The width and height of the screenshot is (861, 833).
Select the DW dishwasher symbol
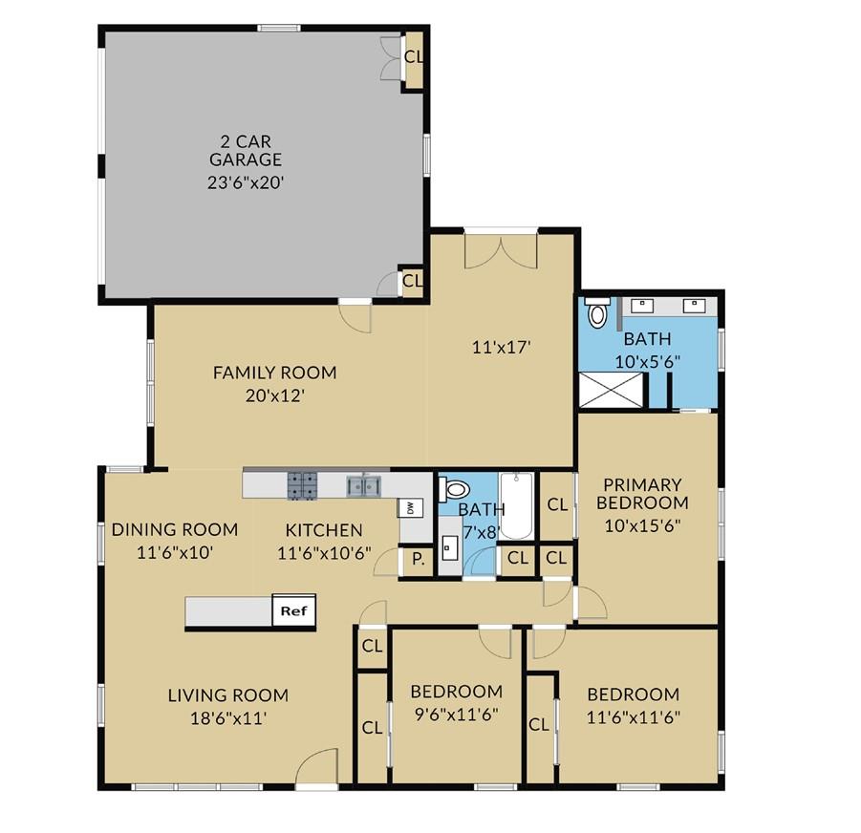tap(409, 507)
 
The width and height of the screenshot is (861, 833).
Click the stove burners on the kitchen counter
tap(303, 486)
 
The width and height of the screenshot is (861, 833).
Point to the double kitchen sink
tap(364, 486)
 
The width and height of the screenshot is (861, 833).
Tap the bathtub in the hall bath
tap(515, 506)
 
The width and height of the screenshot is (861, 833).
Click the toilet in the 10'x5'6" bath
tap(598, 312)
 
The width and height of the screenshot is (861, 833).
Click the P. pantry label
tap(418, 561)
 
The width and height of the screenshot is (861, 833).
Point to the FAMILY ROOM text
tap(274, 373)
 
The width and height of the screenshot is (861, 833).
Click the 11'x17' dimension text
tap(499, 348)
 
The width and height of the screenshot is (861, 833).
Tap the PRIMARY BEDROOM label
tap(641, 494)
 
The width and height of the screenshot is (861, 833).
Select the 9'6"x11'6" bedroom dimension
tap(456, 713)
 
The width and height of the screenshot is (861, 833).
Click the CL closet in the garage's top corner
tap(413, 56)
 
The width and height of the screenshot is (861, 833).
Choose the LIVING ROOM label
tap(227, 695)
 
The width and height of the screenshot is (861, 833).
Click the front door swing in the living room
tap(318, 766)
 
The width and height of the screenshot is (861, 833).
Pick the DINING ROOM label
tap(174, 530)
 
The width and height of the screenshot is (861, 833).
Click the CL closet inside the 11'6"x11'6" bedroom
tap(539, 724)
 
